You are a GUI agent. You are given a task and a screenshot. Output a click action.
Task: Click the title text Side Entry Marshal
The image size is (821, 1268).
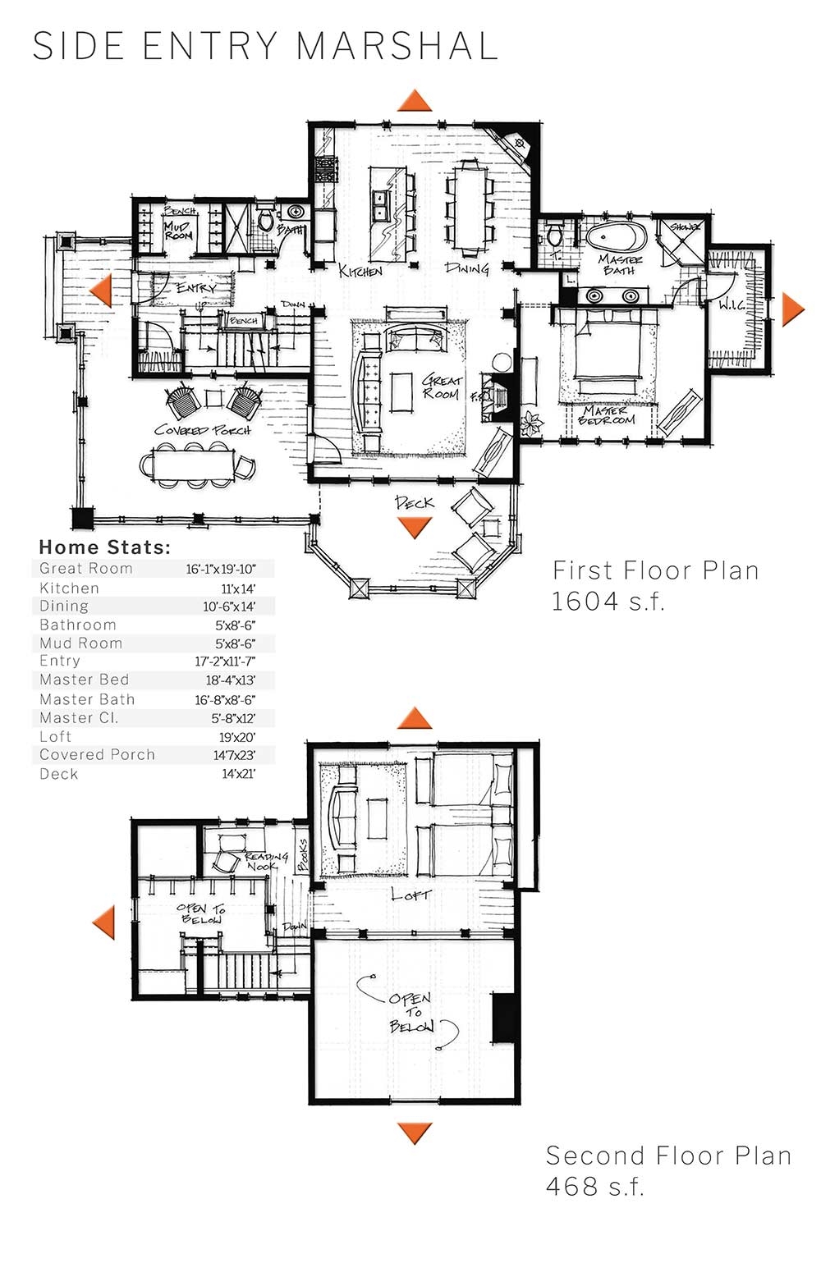(265, 46)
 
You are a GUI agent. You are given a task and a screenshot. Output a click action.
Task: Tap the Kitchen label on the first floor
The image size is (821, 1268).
(360, 270)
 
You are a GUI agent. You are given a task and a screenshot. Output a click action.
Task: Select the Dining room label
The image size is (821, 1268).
(467, 268)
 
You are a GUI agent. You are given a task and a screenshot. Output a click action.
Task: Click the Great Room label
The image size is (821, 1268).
(442, 387)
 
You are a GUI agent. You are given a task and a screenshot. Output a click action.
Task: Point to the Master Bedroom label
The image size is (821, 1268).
(607, 415)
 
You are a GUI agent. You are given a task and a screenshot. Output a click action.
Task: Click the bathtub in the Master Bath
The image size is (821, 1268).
(616, 238)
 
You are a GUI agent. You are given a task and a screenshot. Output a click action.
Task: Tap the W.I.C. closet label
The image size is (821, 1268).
(731, 304)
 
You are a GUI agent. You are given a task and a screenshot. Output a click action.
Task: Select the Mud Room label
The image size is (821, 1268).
(177, 231)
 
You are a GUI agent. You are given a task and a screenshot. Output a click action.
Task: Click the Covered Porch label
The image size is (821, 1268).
(202, 430)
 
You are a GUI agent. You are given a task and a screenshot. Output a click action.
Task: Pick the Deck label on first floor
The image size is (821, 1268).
(414, 502)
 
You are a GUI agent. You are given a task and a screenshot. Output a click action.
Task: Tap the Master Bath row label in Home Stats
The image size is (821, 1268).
(87, 699)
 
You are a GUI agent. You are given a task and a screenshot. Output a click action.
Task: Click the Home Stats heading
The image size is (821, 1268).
(104, 547)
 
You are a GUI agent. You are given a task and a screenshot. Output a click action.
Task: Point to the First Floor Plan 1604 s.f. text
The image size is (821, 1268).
(654, 585)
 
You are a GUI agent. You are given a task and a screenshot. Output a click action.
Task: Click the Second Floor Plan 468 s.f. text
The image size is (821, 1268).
(667, 1170)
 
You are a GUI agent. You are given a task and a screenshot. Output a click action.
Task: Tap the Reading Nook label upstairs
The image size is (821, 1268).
(266, 861)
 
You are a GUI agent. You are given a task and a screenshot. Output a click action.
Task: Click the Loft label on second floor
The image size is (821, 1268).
(410, 895)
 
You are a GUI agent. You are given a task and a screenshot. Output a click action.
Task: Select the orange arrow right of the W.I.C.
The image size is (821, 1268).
(793, 309)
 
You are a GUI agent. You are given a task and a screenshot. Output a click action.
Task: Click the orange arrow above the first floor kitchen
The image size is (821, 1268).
(415, 101)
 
